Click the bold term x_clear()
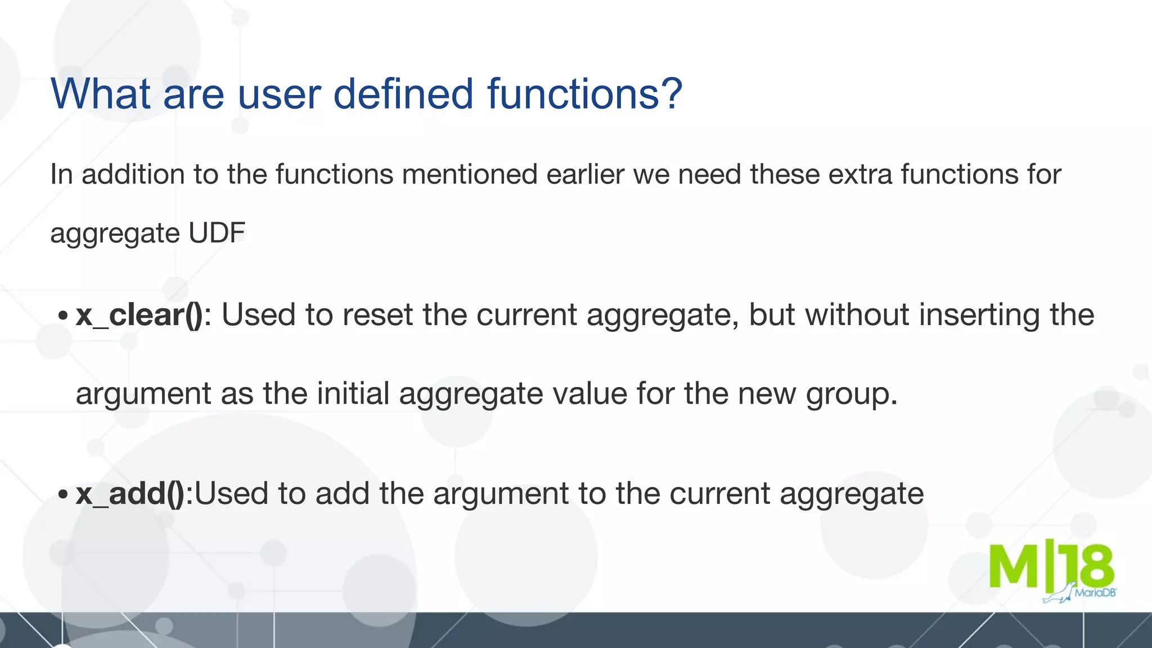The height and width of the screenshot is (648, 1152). click(139, 315)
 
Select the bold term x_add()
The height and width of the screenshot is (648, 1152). click(130, 494)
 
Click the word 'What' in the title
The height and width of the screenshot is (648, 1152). click(100, 93)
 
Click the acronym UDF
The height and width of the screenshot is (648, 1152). click(217, 233)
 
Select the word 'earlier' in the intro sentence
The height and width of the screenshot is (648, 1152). click(585, 174)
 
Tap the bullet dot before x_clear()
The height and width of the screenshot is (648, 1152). click(63, 316)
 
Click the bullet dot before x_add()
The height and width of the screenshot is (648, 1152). click(63, 495)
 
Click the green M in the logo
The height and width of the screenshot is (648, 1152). click(1013, 567)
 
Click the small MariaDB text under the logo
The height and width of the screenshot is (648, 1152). click(1095, 593)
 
